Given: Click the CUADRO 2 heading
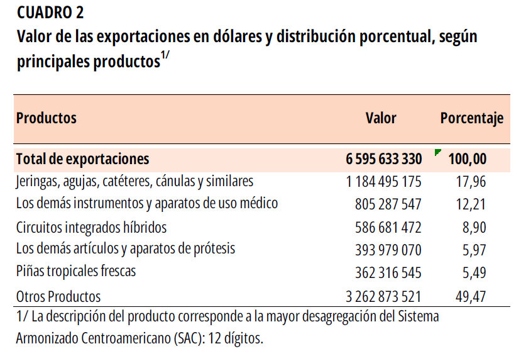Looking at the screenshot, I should coord(50,12).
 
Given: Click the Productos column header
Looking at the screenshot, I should coord(47,118).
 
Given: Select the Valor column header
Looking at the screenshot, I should coord(381,118).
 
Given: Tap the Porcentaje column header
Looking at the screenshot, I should coord(471,118).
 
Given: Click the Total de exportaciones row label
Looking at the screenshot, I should coord(83,158).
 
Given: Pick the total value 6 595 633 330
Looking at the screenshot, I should coord(383,159).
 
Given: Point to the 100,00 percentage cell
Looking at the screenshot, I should coord(467,159).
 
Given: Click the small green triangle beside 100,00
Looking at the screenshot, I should coord(437,152).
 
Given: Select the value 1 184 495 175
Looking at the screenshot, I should coord(383,182).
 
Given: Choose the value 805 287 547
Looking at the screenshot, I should coord(388,205).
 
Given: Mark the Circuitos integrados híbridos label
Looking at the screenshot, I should coord(91,227).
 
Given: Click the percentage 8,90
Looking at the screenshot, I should coord(474,228).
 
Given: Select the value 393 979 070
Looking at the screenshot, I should coord(388,250).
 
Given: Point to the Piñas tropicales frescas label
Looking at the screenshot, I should coord(76,272).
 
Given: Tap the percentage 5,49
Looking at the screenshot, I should coord(474,273).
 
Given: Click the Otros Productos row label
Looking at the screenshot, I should coord(58,296).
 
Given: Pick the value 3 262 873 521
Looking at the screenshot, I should coord(383,296).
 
